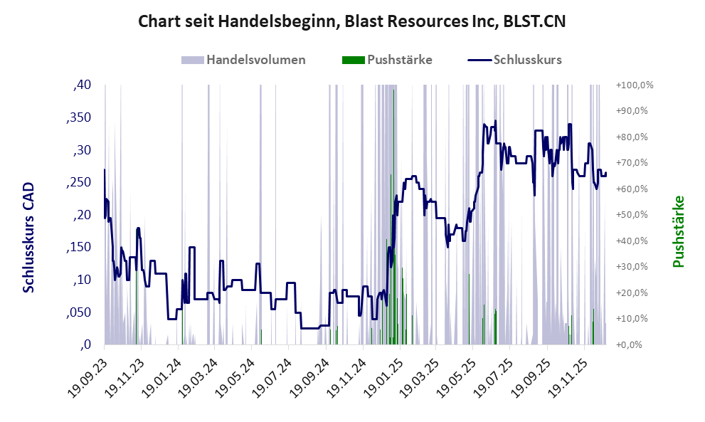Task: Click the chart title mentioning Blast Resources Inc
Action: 352,21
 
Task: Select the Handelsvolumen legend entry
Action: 255,60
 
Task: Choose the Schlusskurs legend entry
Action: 527,60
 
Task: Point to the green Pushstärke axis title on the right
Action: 677,232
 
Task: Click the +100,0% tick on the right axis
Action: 635,85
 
